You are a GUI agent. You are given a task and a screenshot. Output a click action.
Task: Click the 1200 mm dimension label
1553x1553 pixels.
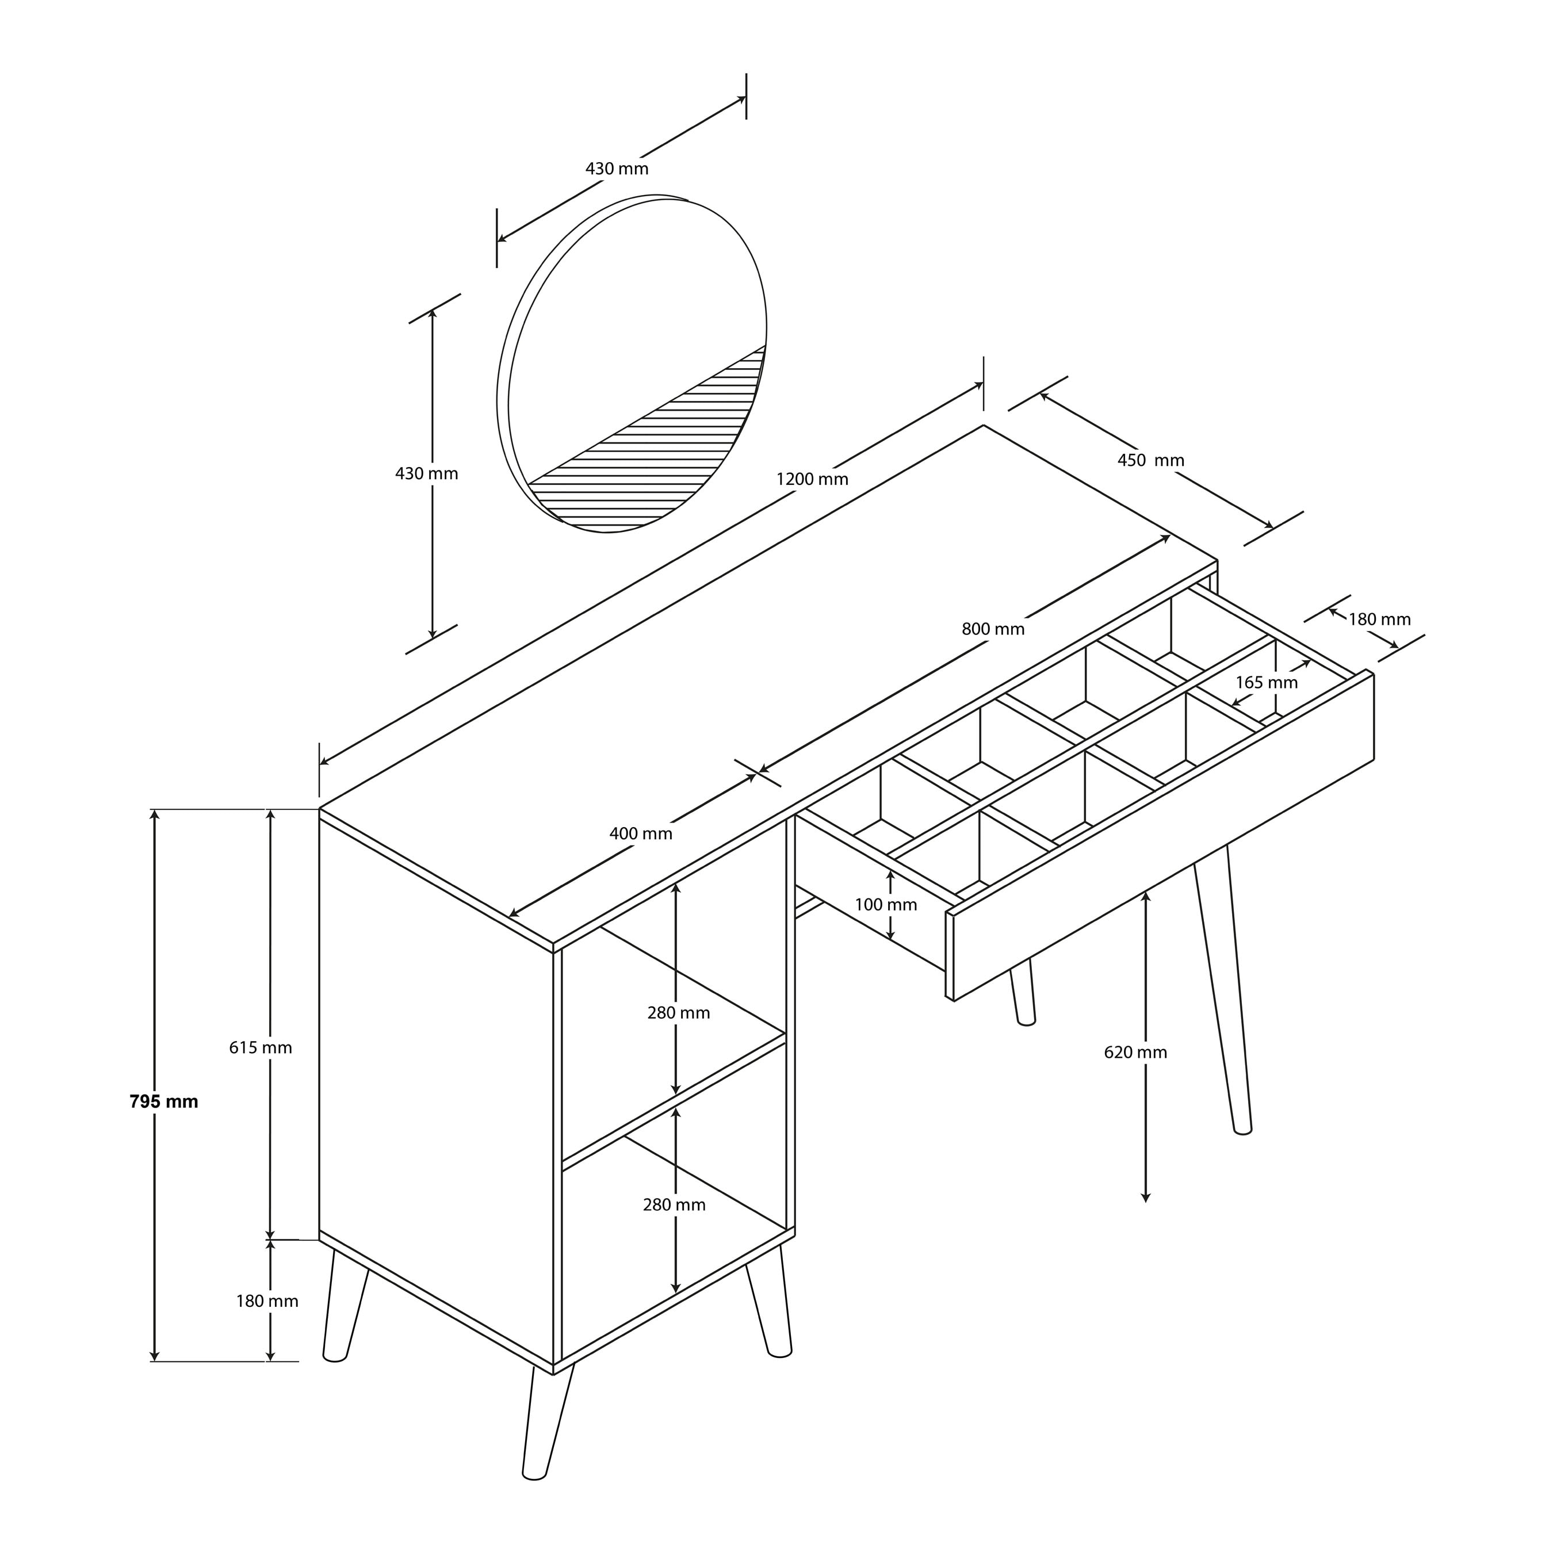[812, 480]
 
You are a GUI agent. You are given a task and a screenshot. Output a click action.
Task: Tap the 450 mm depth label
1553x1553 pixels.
[1150, 461]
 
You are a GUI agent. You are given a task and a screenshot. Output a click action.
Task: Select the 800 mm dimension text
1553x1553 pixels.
[993, 629]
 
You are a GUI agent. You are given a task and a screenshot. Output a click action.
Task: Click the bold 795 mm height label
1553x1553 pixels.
[164, 1101]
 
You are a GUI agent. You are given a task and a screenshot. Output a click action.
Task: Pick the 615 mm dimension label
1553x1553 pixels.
[261, 1047]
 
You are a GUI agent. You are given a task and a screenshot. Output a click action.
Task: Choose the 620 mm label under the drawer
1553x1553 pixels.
[1135, 1052]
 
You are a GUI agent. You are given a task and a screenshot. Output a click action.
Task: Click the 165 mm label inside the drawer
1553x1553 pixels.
[1266, 682]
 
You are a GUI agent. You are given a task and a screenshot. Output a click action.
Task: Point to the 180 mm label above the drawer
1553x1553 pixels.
[1379, 619]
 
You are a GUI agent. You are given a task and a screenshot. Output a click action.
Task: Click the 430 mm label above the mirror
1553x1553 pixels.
[617, 169]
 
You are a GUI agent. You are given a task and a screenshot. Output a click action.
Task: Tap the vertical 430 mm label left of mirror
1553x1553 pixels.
[426, 473]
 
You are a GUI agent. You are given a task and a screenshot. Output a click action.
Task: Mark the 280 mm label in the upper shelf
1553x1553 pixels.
[679, 1013]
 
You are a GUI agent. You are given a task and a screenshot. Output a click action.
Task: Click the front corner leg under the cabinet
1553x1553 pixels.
[546, 1423]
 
